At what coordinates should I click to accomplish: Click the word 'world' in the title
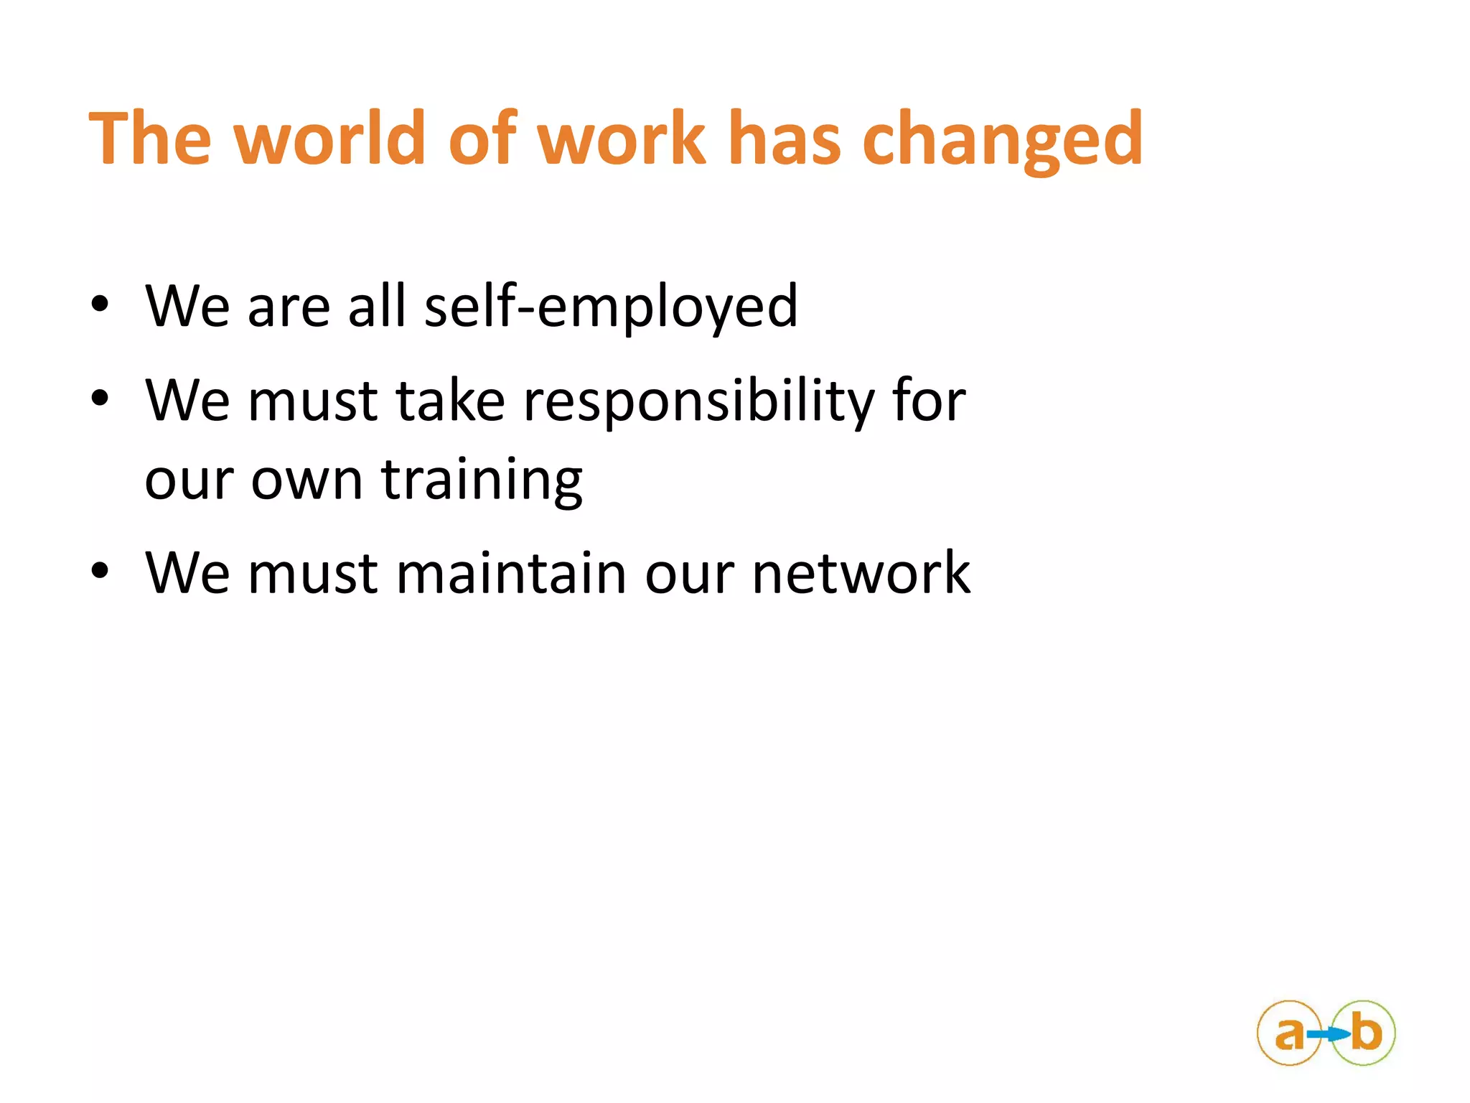coord(331,138)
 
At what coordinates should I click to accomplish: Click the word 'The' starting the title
coord(150,138)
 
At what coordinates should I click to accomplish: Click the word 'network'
coord(861,573)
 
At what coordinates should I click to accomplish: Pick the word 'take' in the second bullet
coord(450,401)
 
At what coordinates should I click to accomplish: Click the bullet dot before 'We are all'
coord(100,304)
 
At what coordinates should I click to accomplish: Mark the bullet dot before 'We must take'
coord(100,398)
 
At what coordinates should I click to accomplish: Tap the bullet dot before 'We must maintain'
coord(100,571)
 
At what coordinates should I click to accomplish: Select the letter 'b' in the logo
coord(1365,1033)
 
